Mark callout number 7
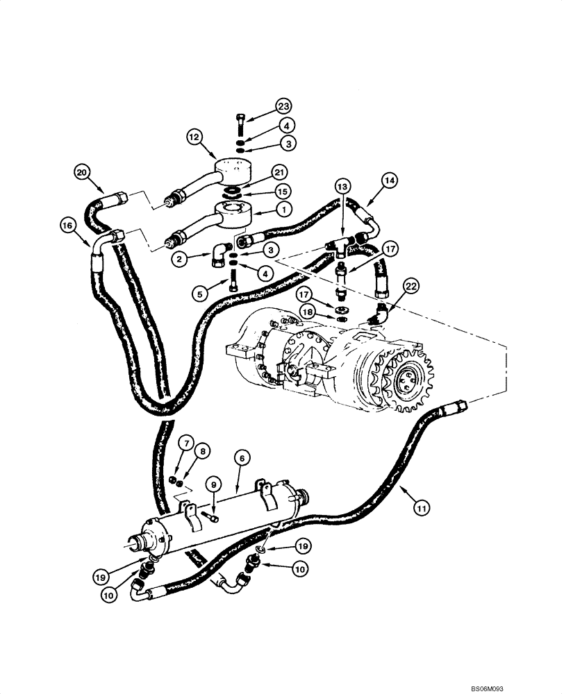point(185,442)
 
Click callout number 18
point(306,314)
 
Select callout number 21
point(279,171)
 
